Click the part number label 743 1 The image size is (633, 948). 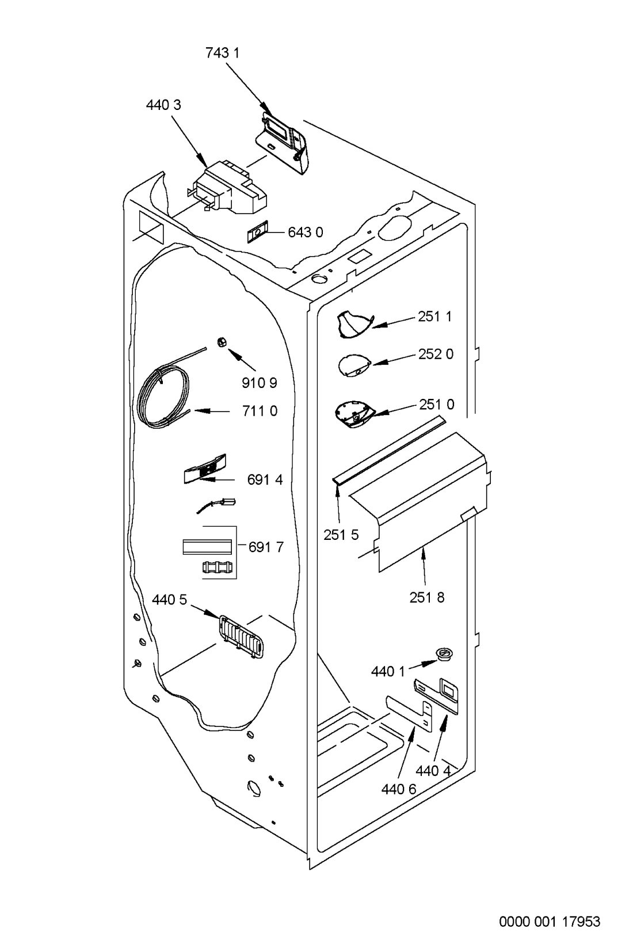pos(222,54)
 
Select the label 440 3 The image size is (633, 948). pos(163,105)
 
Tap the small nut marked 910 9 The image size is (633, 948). pos(222,342)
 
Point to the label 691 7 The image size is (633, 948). pos(266,547)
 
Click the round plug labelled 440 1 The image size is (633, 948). pos(443,653)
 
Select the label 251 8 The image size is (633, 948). pos(427,597)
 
